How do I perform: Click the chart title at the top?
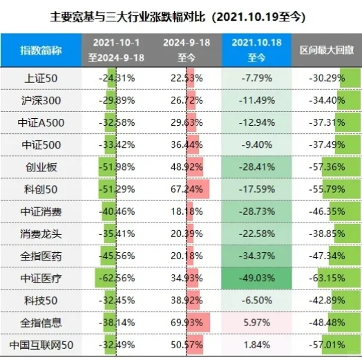[x=181, y=15]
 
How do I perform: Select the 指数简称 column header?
[x=42, y=49]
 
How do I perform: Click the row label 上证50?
[x=42, y=78]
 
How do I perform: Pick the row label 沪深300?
[x=42, y=100]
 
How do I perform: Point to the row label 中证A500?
[x=42, y=122]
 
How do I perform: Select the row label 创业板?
[x=42, y=167]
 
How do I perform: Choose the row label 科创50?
[x=42, y=189]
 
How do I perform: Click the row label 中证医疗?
[x=42, y=277]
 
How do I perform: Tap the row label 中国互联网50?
[x=42, y=343]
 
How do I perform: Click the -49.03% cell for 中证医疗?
[x=256, y=277]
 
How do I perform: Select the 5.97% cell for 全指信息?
[x=256, y=321]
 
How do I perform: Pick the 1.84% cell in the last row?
[x=256, y=343]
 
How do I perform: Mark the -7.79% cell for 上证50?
[x=256, y=78]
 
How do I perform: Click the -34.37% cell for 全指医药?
[x=256, y=255]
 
